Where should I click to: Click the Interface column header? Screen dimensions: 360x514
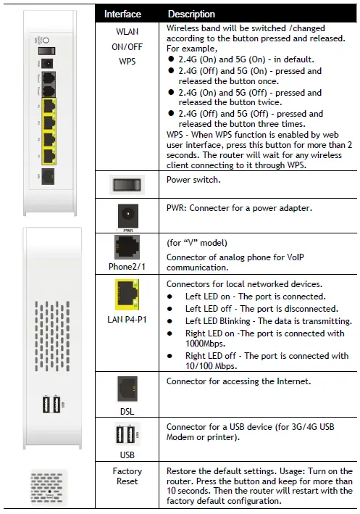[122, 14]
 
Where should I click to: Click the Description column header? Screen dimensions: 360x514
[191, 14]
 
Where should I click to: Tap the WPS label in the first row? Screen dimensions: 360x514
[127, 62]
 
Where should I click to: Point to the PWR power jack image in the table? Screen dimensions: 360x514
[127, 215]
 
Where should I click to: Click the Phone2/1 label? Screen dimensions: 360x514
[127, 268]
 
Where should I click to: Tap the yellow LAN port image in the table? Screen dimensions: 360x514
[127, 299]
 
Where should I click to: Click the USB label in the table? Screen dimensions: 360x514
[127, 455]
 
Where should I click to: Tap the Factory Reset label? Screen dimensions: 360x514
[127, 476]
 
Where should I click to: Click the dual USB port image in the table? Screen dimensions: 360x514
[127, 435]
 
